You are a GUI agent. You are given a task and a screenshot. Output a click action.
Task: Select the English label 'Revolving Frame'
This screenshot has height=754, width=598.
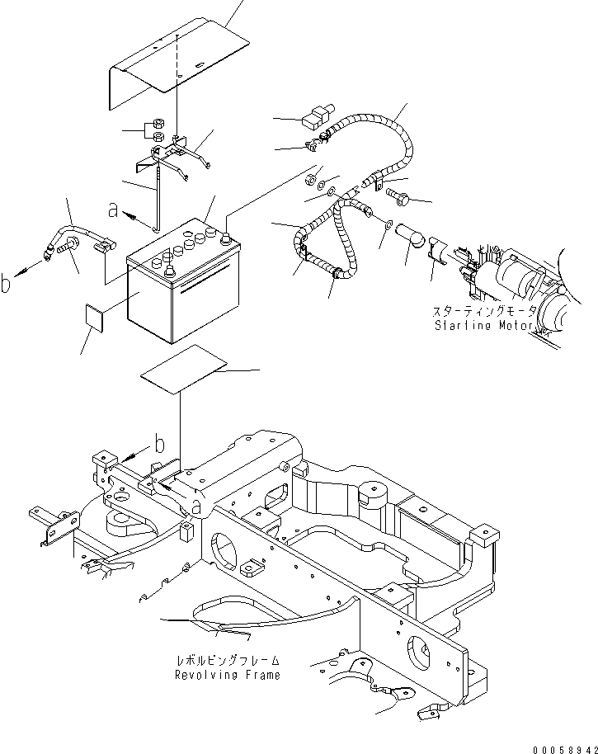(x=227, y=675)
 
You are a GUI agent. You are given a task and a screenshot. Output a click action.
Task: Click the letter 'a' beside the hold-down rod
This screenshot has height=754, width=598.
(x=113, y=211)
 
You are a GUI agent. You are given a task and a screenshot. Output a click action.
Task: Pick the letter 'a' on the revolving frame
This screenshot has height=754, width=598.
(x=195, y=502)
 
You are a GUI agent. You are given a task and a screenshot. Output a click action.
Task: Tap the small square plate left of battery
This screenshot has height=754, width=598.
(x=96, y=316)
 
